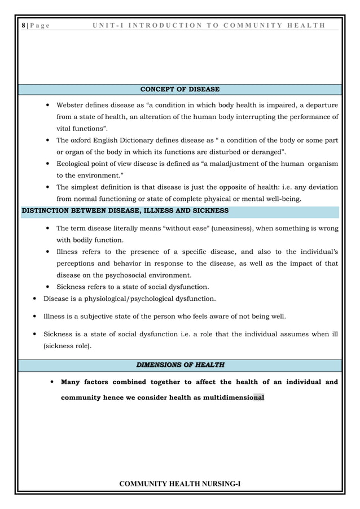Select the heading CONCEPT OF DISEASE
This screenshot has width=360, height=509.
[x=179, y=89]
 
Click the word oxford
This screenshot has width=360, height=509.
[x=82, y=141]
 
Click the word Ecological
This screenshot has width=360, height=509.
[x=76, y=164]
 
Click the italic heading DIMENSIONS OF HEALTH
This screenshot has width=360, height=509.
[x=179, y=365]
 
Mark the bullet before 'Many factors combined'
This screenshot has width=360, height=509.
[x=52, y=382]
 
